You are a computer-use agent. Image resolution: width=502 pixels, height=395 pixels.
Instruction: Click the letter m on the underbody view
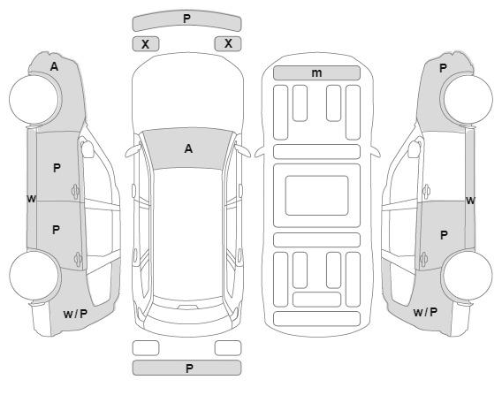click(316, 73)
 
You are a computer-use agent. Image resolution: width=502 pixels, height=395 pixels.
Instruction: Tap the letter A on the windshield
click(188, 148)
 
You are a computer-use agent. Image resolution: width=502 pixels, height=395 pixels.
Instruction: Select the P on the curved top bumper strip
click(187, 19)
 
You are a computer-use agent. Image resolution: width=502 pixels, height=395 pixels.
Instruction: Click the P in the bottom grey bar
click(189, 368)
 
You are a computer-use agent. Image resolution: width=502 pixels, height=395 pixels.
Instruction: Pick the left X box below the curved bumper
click(146, 44)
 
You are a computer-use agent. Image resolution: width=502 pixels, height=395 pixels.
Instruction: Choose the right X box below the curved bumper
click(228, 43)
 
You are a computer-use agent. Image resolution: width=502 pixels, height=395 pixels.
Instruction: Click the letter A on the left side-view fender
click(54, 66)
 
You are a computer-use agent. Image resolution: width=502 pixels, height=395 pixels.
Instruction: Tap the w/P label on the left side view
click(75, 314)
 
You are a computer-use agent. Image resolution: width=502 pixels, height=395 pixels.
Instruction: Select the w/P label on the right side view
click(425, 312)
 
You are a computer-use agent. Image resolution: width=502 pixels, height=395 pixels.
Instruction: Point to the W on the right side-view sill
click(470, 201)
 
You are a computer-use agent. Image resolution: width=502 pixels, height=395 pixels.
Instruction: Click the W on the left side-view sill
click(31, 199)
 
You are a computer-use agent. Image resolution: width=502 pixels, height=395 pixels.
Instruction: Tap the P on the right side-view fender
click(443, 68)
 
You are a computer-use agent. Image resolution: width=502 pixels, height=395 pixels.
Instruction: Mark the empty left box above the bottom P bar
click(146, 348)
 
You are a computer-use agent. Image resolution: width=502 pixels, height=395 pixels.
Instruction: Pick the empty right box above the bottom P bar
click(228, 348)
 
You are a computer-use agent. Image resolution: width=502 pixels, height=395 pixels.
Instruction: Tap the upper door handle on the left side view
click(75, 192)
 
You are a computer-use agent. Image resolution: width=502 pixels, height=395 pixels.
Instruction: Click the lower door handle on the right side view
click(423, 259)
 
